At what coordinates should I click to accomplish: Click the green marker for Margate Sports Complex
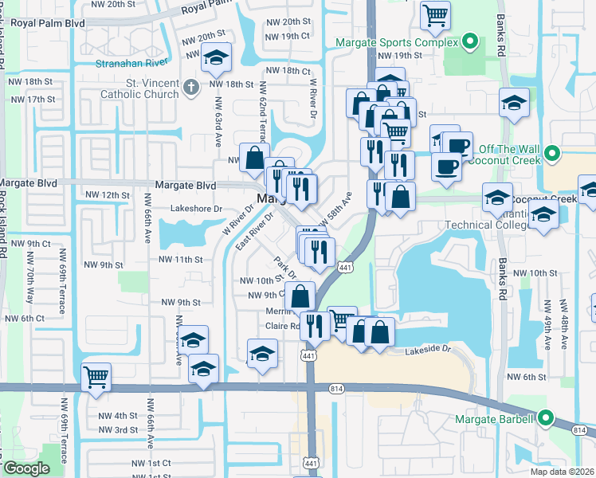tap(471, 42)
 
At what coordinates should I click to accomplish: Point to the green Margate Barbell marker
tap(546, 417)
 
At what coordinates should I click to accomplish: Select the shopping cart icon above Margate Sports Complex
tap(435, 14)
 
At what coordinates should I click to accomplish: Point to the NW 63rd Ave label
tap(216, 123)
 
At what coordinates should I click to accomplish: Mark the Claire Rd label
tap(282, 326)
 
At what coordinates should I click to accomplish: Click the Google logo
tap(26, 468)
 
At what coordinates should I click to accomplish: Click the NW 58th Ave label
tap(337, 208)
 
